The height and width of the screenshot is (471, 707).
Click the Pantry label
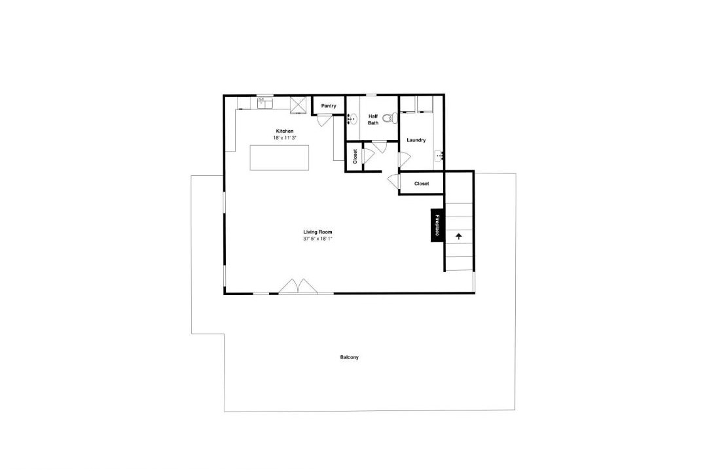pos(328,106)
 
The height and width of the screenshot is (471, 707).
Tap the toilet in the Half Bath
pos(389,118)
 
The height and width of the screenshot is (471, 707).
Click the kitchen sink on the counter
pos(265,103)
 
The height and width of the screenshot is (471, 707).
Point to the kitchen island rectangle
pos(280,157)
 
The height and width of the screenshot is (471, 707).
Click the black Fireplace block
pos(437,225)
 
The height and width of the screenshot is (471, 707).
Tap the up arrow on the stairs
pos(459,235)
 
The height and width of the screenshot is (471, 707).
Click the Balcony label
pos(350,357)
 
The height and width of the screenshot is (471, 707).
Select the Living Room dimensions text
pos(317,239)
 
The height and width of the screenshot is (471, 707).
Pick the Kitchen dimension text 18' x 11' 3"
pos(285,138)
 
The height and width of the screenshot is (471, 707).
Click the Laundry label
pos(416,140)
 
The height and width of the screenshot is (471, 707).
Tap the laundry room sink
pos(440,156)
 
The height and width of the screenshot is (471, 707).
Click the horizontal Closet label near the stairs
pos(422,184)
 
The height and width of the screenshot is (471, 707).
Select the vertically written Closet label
pos(355,156)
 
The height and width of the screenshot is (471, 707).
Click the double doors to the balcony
pos(298,287)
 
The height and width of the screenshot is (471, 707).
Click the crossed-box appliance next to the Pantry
pos(299,105)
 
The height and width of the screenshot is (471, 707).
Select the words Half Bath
pos(373,120)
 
